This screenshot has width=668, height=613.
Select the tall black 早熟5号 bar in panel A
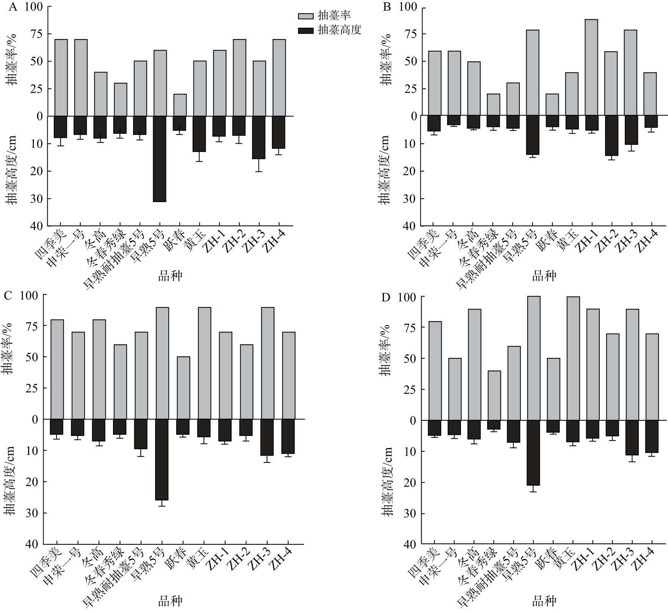160,159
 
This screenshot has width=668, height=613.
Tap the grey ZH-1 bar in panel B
591,67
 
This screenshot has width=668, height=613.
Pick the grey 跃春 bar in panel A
180,105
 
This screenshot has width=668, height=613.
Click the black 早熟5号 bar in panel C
162,459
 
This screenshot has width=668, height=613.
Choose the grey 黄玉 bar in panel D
573,358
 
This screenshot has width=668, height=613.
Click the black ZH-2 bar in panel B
611,136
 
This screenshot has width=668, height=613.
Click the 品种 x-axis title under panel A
170,276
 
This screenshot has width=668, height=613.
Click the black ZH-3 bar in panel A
259,137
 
